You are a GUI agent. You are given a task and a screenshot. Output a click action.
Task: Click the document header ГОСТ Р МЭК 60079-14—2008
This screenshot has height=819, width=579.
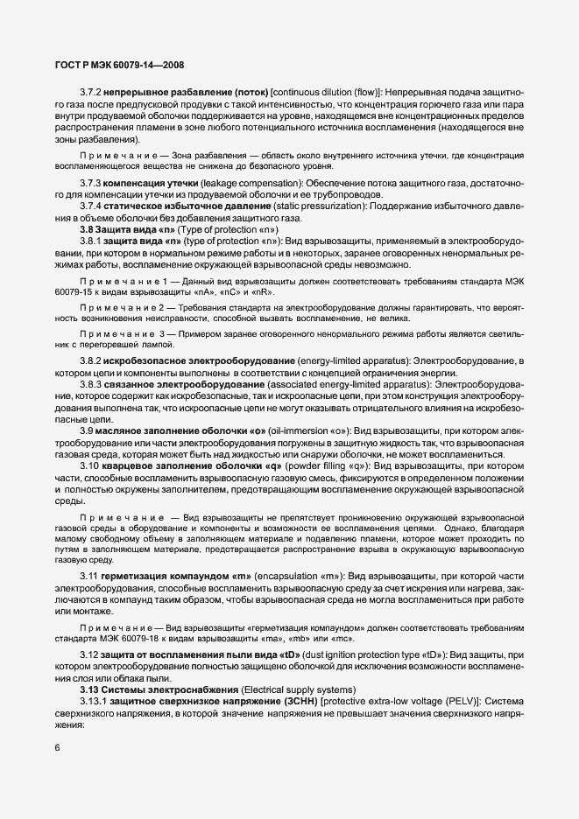pos(108,65)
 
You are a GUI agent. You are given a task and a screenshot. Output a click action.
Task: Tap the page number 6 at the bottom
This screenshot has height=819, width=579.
pos(57,747)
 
